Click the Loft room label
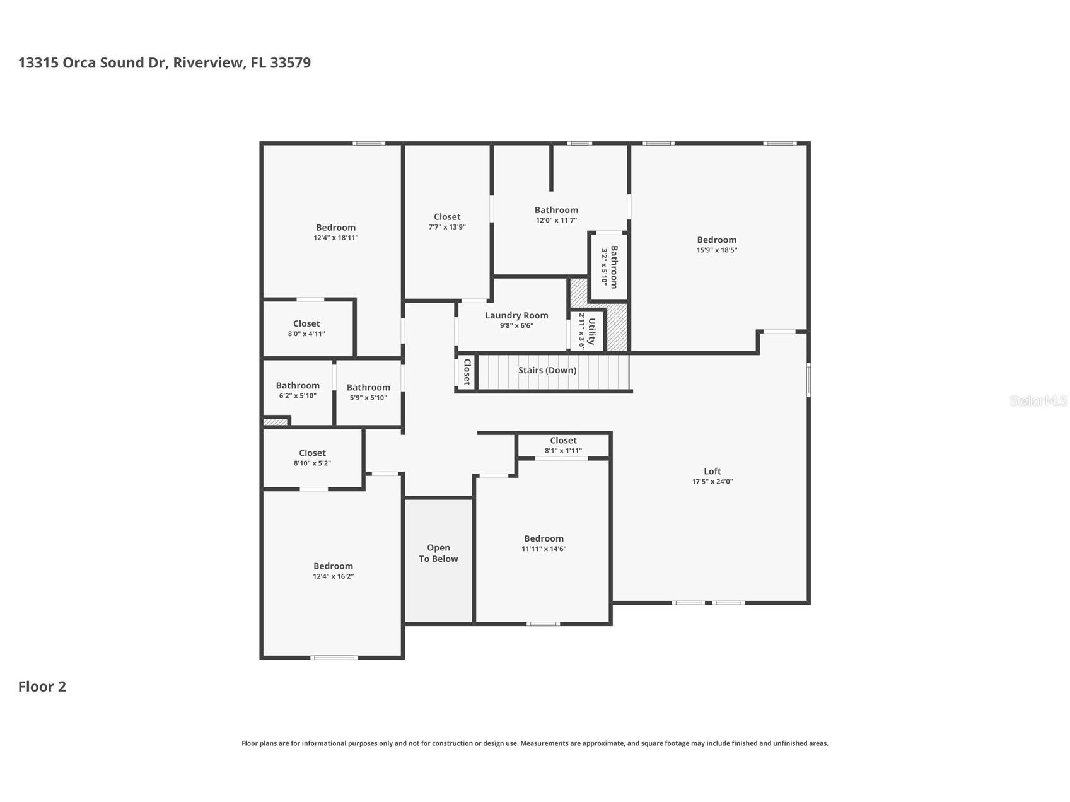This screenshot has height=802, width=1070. point(712,471)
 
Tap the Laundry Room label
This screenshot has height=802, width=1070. point(516,315)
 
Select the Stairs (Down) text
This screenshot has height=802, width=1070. point(547,370)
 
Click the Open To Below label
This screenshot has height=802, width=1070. point(438,553)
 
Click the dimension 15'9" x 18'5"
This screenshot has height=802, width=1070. point(716,250)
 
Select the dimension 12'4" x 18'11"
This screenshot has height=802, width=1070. point(335,238)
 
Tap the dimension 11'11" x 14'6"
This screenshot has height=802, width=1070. point(544,549)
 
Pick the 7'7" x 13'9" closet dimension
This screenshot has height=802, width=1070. point(446,227)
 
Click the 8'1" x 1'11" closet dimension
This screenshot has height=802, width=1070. point(563,451)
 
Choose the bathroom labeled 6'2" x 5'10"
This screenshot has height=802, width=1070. point(297,390)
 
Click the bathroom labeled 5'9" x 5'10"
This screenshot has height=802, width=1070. point(368,392)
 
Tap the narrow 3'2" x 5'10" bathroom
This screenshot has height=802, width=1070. point(609,267)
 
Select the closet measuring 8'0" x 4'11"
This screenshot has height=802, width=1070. point(306,328)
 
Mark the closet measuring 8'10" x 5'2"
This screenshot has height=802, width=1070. point(312,458)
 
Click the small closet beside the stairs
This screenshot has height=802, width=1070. point(467,372)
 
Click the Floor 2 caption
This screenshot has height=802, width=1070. point(42,687)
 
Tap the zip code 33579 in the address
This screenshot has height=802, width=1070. point(290,62)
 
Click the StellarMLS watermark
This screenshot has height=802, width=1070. point(1038,400)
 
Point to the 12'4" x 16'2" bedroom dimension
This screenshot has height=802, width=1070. point(333,576)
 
